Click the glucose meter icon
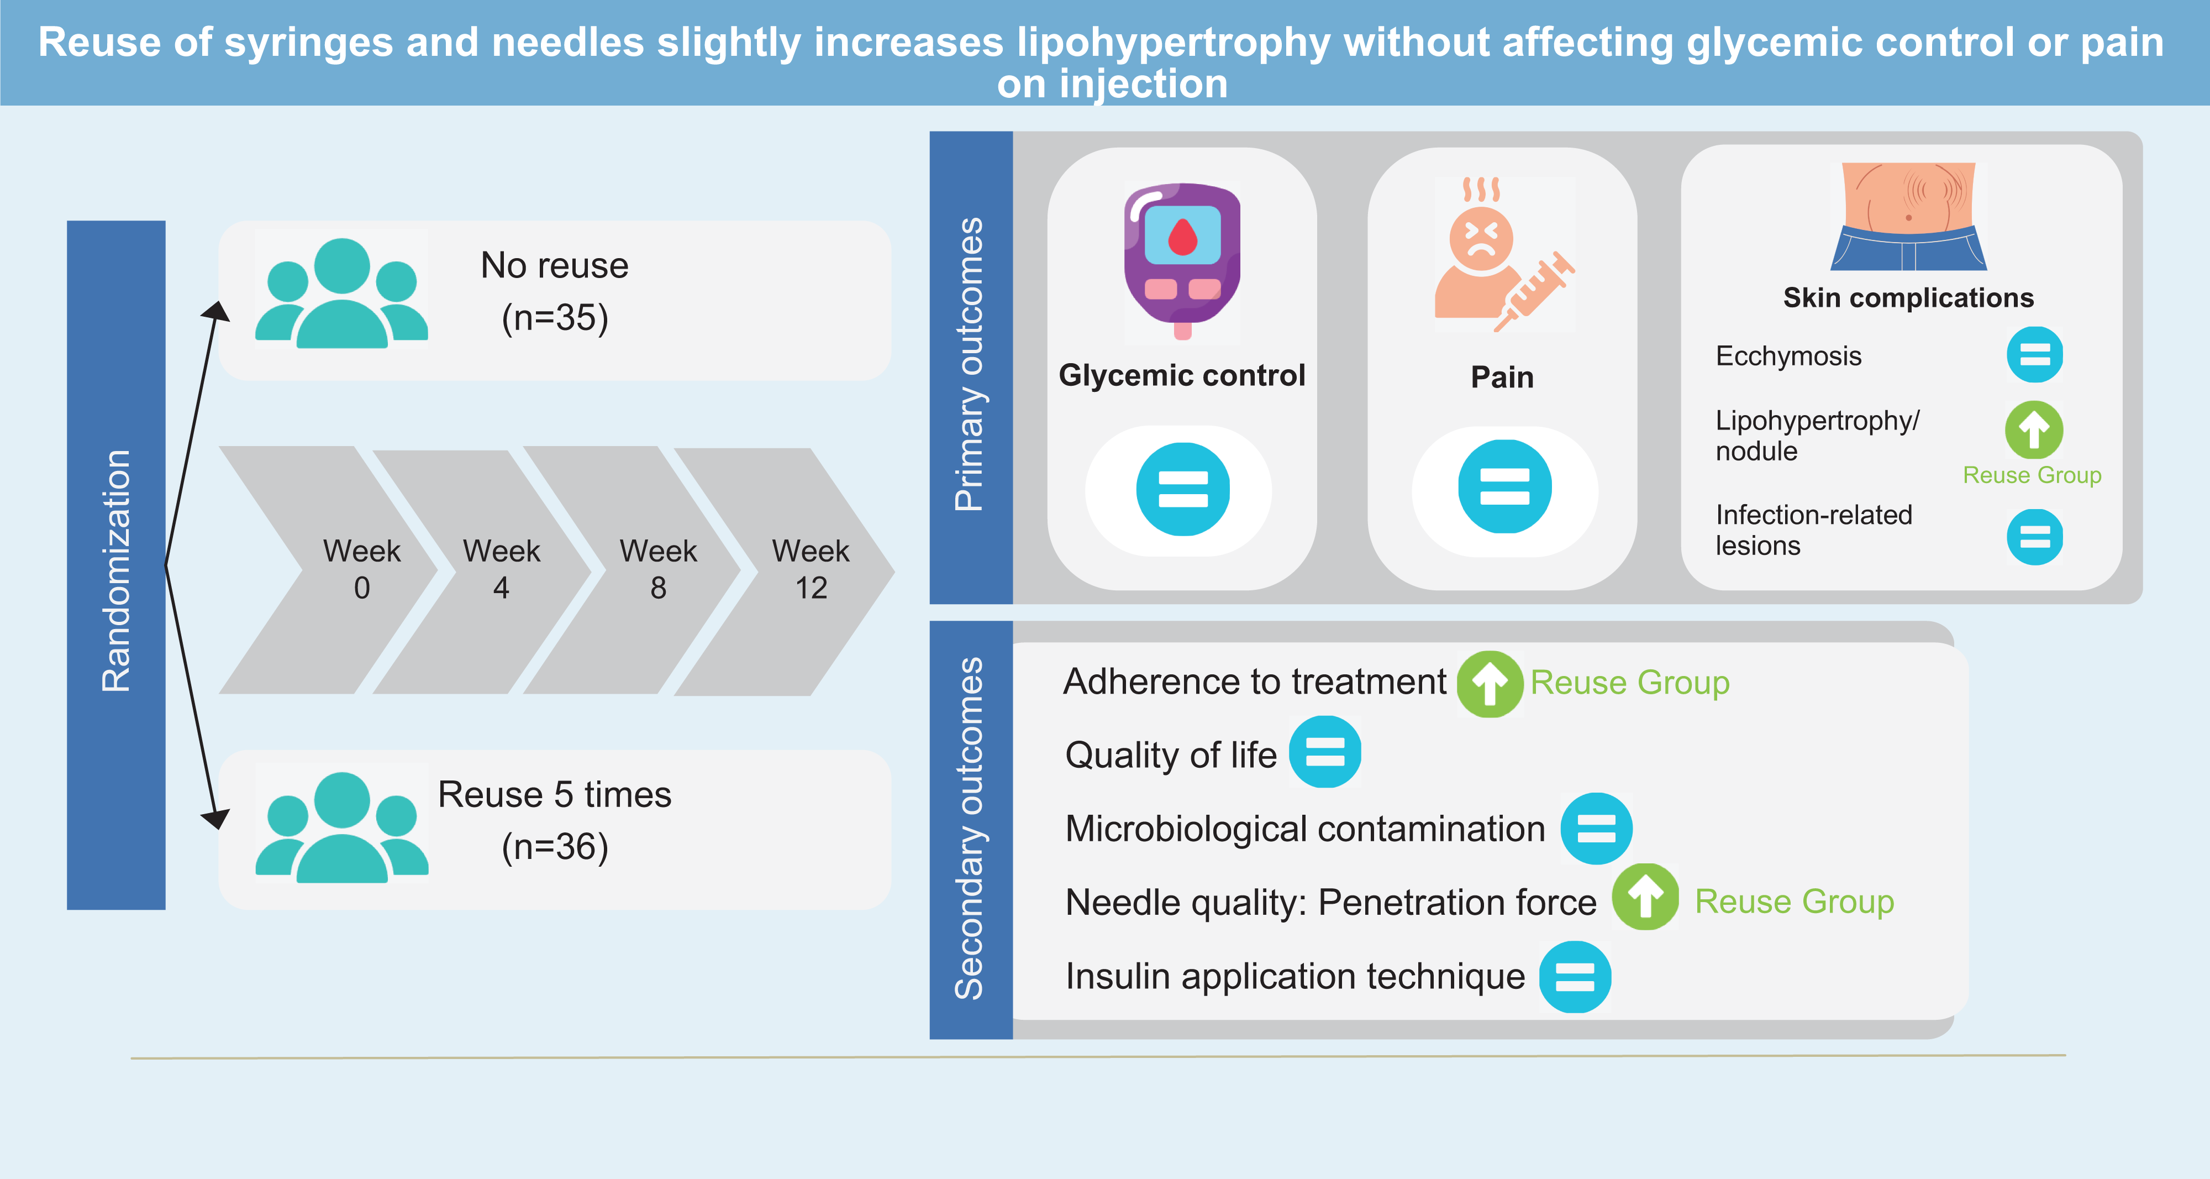[1182, 258]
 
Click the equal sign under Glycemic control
[1182, 489]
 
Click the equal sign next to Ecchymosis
[2034, 354]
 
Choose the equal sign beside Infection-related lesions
[2034, 537]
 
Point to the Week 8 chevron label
[658, 569]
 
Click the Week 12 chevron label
[810, 569]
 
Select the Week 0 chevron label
[361, 569]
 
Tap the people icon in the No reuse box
[341, 292]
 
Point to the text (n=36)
[555, 847]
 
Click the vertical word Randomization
[116, 570]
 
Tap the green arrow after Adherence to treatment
[1490, 684]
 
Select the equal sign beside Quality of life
[1325, 752]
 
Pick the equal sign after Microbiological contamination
[1596, 828]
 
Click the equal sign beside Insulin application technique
[1574, 977]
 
